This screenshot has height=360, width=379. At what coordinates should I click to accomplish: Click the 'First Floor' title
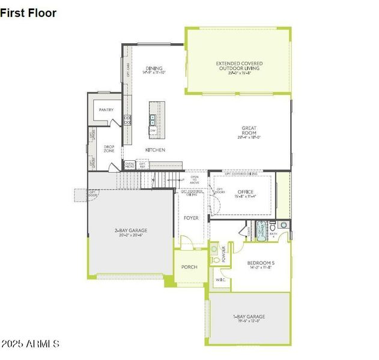28,13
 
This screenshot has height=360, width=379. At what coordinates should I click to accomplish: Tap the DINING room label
154,68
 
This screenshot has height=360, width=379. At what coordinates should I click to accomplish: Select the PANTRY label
106,110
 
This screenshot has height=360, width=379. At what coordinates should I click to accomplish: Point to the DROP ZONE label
109,149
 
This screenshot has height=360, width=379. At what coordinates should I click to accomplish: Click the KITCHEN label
155,149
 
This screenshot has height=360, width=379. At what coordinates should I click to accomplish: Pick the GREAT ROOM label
249,128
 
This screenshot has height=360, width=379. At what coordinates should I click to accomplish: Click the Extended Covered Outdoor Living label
239,63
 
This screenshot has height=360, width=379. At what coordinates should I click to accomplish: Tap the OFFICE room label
245,192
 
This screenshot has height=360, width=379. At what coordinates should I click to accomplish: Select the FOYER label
191,218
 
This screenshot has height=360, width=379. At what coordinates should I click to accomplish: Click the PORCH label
190,267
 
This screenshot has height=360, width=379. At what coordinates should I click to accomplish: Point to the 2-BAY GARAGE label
131,230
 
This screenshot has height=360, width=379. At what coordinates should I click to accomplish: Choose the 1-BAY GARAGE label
249,316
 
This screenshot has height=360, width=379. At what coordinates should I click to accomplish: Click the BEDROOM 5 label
261,262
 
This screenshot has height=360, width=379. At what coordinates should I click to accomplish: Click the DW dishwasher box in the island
153,130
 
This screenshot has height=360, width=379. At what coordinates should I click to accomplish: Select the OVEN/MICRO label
130,164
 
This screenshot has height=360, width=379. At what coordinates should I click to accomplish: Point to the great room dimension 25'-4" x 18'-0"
249,137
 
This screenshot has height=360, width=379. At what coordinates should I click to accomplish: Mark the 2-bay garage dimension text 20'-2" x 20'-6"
131,236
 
